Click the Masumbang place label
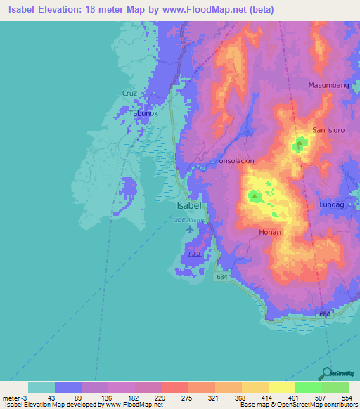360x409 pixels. pos(329,85)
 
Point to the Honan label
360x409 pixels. pos(270,232)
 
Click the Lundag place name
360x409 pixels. pos(333,204)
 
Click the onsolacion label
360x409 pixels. pos(236,161)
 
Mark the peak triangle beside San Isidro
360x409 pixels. pos(300,144)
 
